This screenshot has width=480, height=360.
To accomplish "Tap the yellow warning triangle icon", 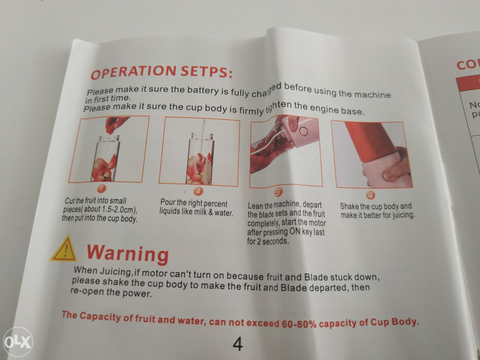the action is pyautogui.click(x=65, y=249).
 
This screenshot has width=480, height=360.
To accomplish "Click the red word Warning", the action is pyautogui.click(x=128, y=254).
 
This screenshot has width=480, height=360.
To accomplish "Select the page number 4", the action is pyautogui.click(x=238, y=344).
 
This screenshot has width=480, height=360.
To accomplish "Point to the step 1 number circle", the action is pyautogui.click(x=101, y=189).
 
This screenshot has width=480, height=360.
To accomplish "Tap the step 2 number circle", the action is pyautogui.click(x=199, y=191).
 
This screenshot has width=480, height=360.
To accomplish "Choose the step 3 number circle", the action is pyautogui.click(x=278, y=193).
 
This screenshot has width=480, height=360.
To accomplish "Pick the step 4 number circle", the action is pyautogui.click(x=370, y=195).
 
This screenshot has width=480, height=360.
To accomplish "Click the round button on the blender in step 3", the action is pyautogui.click(x=304, y=131).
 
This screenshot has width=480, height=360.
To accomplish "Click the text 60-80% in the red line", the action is pyautogui.click(x=299, y=324).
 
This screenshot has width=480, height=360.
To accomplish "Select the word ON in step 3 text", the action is pyautogui.click(x=295, y=232).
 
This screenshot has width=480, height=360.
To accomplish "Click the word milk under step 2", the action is pyautogui.click(x=200, y=212).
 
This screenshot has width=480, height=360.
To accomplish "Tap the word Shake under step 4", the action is pyautogui.click(x=349, y=206).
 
